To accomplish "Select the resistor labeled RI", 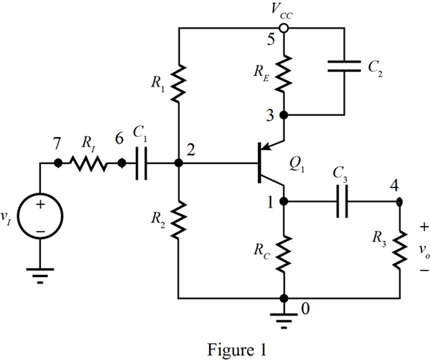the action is click(88, 163).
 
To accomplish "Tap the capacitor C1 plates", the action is click(141, 163).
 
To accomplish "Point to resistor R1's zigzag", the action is click(179, 83).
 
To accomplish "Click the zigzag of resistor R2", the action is click(179, 219).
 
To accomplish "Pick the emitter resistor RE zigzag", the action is click(284, 73).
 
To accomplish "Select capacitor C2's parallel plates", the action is click(344, 66).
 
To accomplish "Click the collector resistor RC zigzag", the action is click(284, 254).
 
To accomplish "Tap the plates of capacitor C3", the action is click(342, 202).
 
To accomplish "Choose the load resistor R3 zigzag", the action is click(399, 249).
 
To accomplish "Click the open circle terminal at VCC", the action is click(284, 28).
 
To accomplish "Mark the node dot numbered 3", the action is click(284, 115).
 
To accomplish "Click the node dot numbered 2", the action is click(179, 163).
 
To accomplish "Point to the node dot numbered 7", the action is click(58, 163).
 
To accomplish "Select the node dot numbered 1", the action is click(284, 202).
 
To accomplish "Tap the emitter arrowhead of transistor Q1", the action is click(265, 147).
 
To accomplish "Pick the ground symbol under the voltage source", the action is click(40, 275).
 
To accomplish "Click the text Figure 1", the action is click(236, 350).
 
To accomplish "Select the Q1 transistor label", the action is click(297, 165).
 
